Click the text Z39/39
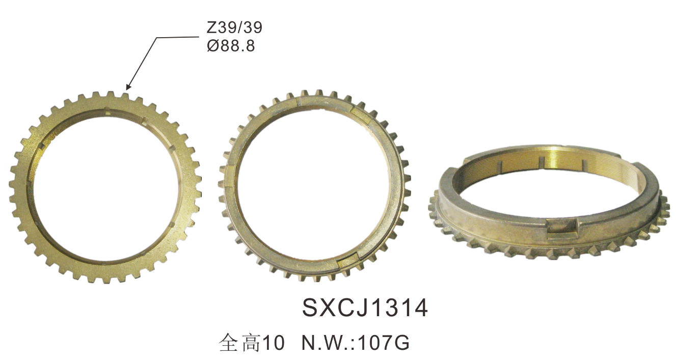tap(234, 28)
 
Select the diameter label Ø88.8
tap(231, 46)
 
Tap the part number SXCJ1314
tap(365, 308)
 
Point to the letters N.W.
tap(327, 343)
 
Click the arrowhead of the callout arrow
tap(128, 86)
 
